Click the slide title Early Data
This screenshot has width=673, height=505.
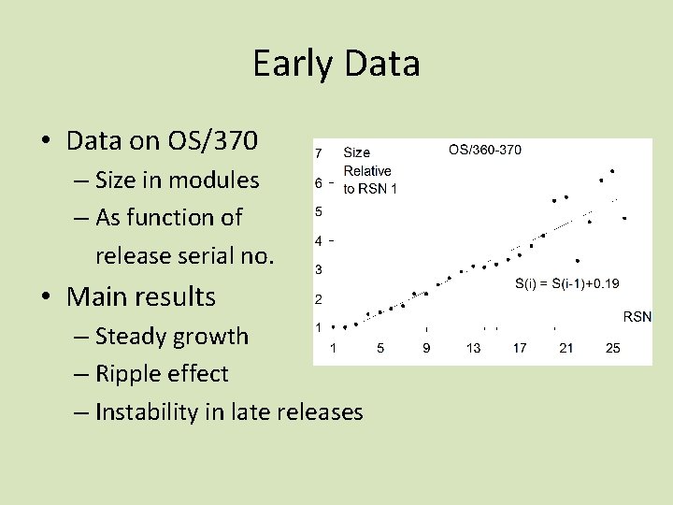(336, 64)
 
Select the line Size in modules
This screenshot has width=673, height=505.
(177, 179)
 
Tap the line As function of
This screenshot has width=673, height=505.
(168, 217)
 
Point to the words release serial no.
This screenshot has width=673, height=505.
(185, 255)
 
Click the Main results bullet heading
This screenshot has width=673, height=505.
(140, 297)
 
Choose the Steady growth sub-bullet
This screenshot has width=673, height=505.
(172, 336)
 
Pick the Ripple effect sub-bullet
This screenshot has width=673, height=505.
(162, 373)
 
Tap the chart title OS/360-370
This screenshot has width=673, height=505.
(485, 150)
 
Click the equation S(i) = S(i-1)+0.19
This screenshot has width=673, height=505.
(567, 282)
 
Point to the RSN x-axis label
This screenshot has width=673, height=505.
(637, 317)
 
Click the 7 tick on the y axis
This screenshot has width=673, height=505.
(319, 152)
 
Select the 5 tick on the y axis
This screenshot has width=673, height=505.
(319, 211)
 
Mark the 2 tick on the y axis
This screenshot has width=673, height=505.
(319, 299)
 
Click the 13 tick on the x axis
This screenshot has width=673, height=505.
(474, 348)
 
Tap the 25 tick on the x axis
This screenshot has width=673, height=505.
(612, 348)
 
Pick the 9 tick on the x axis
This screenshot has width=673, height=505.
(426, 348)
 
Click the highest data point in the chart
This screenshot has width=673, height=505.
(612, 171)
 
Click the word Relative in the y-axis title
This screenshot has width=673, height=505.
(367, 170)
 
